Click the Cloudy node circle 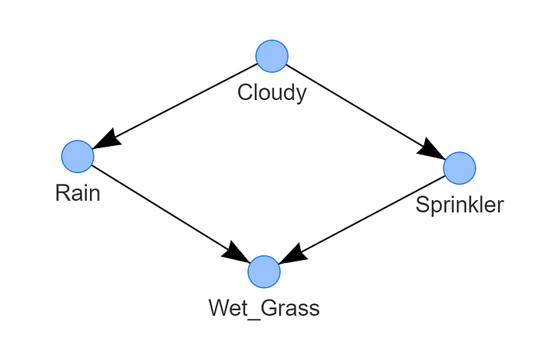(271, 56)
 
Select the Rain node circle (78, 156)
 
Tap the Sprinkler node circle (459, 168)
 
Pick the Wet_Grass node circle (264, 272)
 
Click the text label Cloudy (271, 93)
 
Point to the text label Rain (78, 193)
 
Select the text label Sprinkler (459, 205)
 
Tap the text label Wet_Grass (264, 308)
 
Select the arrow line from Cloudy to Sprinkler (357, 106)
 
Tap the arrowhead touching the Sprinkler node (431, 151)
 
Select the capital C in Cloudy (244, 93)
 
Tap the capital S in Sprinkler (422, 205)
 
